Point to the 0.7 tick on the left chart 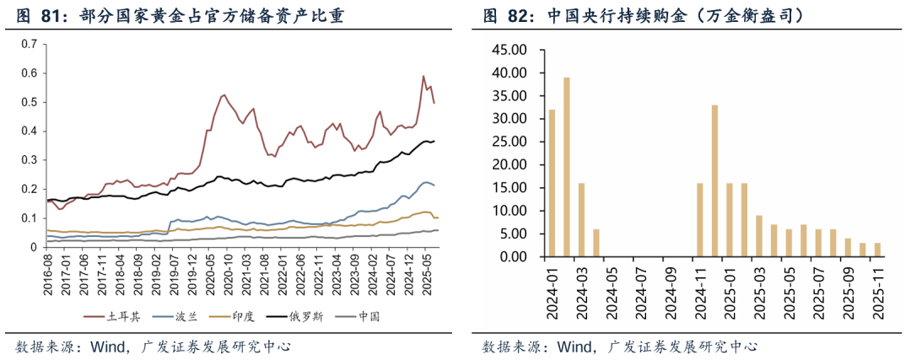coord(30,44)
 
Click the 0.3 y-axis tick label coord(30,160)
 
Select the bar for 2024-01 coord(552,182)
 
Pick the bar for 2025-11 coord(876,249)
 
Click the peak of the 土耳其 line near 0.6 coord(423,77)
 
